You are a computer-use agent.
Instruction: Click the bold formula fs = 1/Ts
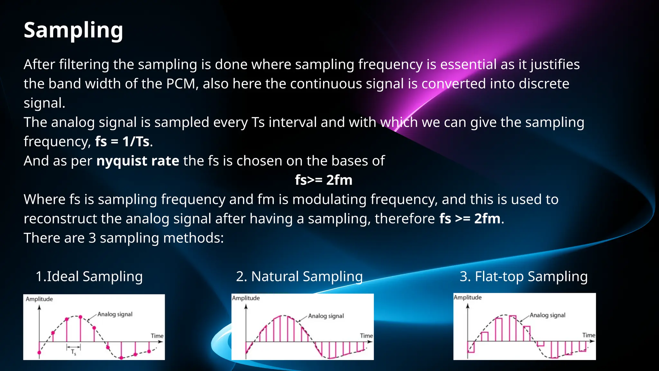pyautogui.click(x=122, y=142)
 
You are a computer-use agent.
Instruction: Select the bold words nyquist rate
pyautogui.click(x=138, y=161)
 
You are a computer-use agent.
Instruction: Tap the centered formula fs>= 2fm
pyautogui.click(x=323, y=180)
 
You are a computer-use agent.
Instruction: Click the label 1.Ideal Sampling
pyautogui.click(x=89, y=277)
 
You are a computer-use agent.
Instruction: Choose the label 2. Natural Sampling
pyautogui.click(x=299, y=277)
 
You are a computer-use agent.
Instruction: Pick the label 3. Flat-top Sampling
pyautogui.click(x=524, y=277)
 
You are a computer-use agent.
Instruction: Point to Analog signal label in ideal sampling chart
pyautogui.click(x=115, y=314)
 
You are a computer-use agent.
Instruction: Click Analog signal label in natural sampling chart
pyautogui.click(x=326, y=316)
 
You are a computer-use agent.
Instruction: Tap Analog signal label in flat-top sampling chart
pyautogui.click(x=547, y=315)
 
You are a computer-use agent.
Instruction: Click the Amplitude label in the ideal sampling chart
pyautogui.click(x=39, y=299)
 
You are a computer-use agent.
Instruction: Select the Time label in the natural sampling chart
pyautogui.click(x=366, y=336)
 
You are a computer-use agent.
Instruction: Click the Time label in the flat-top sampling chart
pyautogui.click(x=589, y=335)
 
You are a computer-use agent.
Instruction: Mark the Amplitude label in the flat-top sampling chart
pyautogui.click(x=468, y=298)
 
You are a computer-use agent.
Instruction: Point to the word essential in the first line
pyautogui.click(x=468, y=65)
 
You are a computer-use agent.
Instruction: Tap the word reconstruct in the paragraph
pyautogui.click(x=60, y=219)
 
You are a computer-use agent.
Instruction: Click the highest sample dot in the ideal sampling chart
pyautogui.click(x=80, y=317)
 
